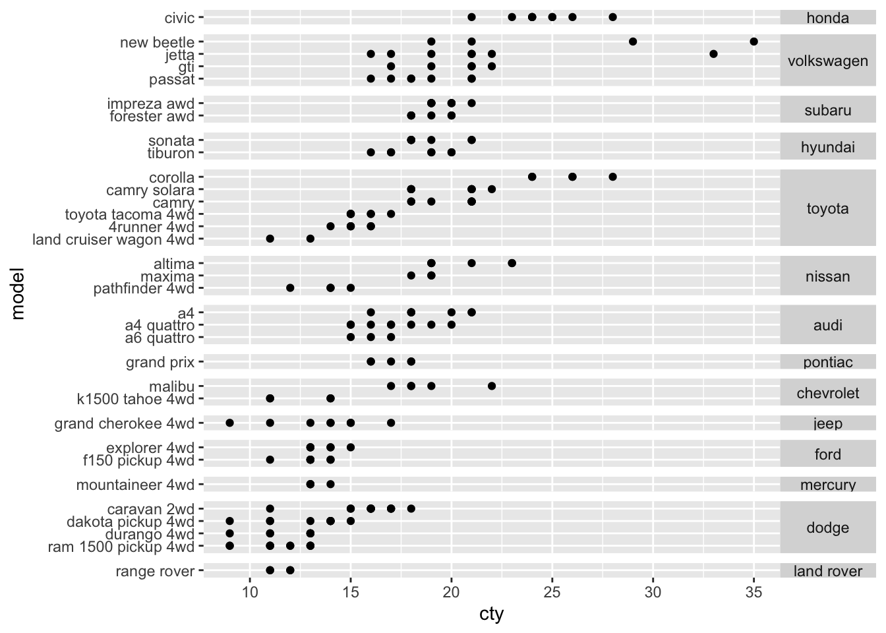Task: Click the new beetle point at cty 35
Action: [x=753, y=42]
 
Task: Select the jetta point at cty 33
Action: [x=713, y=54]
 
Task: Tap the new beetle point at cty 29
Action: [x=633, y=42]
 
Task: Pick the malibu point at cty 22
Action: [x=492, y=386]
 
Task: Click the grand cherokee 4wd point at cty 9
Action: [x=229, y=423]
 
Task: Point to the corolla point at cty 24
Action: [x=532, y=177]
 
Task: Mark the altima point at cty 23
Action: [x=512, y=263]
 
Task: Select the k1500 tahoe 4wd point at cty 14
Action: [x=330, y=398]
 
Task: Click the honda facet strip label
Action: [x=827, y=18]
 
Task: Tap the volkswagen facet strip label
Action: [x=827, y=61]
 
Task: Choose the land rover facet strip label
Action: [x=827, y=571]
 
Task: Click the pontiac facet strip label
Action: [x=827, y=362]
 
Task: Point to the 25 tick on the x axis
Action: [x=552, y=584]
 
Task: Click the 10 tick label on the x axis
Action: [x=250, y=592]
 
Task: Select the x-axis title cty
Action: [x=491, y=615]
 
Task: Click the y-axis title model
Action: [x=18, y=293]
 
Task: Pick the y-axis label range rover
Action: [x=155, y=571]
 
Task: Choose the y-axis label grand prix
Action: [x=160, y=362]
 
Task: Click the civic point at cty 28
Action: [x=612, y=17]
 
